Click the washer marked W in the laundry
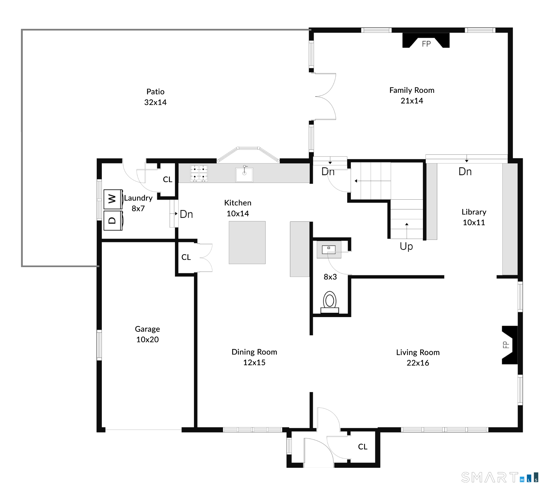113,199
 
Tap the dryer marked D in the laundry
113,220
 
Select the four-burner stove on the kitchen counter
199,173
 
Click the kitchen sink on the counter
244,174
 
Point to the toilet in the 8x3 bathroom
329,302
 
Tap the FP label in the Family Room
426,44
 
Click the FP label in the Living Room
506,344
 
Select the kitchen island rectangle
247,242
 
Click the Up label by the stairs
406,246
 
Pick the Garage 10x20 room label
147,334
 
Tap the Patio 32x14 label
155,97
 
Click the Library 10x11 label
474,217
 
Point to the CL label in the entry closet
363,446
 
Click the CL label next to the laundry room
168,179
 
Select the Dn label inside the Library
465,172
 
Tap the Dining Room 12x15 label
254,357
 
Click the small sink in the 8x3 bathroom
329,250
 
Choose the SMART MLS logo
500,478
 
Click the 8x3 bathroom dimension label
330,277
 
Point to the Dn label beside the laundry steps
186,214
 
